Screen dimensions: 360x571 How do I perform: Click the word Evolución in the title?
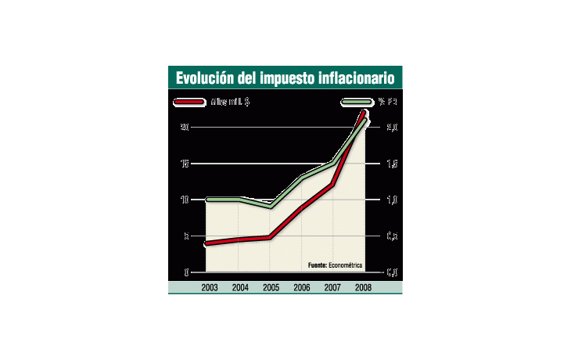[201, 78]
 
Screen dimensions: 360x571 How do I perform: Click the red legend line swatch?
[189, 102]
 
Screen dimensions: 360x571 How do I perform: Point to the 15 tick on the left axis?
[185, 164]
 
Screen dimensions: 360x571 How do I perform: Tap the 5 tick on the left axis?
[186, 236]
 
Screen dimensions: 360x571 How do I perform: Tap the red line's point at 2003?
[207, 243]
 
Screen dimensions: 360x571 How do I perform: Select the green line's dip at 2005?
[271, 206]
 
